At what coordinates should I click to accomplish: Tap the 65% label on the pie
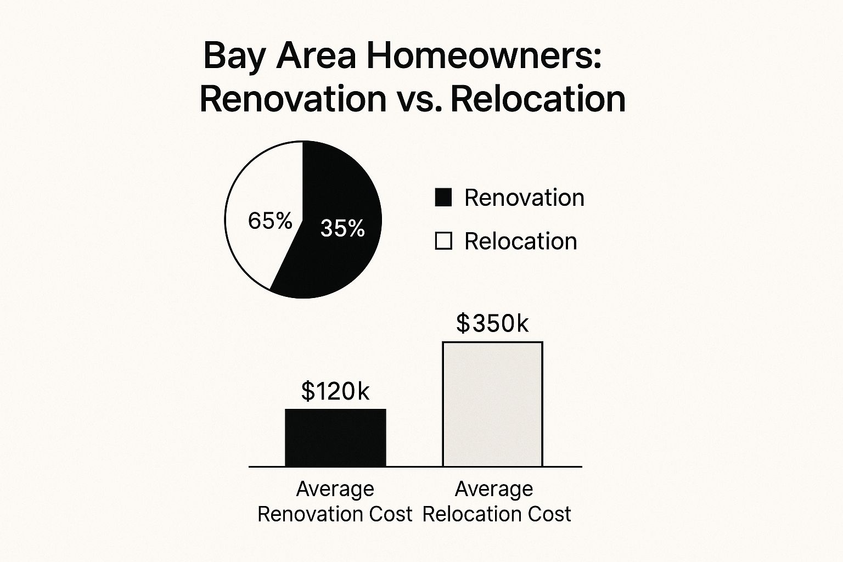coord(270,221)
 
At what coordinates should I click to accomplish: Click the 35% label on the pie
coord(342,228)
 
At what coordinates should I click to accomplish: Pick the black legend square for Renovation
coord(443,198)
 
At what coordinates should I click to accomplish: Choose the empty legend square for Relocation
coord(443,241)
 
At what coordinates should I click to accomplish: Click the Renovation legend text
coord(524,198)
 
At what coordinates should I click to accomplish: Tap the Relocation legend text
coord(521,241)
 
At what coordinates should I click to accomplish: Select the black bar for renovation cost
coord(335,438)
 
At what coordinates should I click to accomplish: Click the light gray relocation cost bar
coord(493,404)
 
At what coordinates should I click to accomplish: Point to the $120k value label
coord(335,391)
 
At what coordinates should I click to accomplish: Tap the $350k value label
coord(492,324)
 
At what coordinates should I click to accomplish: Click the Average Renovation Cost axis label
coord(335,501)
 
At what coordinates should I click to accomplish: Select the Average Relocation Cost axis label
coord(496,501)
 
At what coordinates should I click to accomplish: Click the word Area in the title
coord(316,56)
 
